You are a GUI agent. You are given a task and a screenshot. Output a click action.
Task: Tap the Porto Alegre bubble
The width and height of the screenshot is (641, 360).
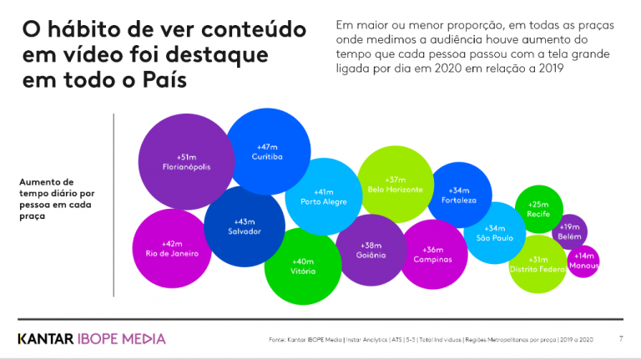(x=324, y=197)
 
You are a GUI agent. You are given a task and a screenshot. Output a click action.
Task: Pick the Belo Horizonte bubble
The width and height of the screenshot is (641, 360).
(x=395, y=185)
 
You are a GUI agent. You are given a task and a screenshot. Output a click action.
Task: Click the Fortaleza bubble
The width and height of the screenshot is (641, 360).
(x=459, y=195)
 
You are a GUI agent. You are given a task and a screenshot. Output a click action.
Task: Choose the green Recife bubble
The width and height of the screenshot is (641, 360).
(x=538, y=209)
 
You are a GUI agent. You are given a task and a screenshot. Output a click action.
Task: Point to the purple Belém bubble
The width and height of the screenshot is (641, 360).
(x=570, y=231)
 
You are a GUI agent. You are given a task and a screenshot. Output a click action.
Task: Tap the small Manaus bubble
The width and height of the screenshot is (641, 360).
(x=583, y=261)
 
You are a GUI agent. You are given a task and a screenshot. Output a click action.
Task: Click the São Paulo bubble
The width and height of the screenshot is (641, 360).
(x=494, y=233)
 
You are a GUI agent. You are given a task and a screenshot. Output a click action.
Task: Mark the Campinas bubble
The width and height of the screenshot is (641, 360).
(x=432, y=254)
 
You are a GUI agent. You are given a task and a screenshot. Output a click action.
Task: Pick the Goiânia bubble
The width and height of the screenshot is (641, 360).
(x=371, y=250)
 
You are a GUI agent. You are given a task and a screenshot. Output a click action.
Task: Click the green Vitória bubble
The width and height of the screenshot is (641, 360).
(x=303, y=266)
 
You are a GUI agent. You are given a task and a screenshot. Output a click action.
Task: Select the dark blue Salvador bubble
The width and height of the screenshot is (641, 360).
(x=245, y=226)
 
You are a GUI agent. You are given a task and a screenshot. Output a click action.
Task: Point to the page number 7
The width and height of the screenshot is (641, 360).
(x=620, y=338)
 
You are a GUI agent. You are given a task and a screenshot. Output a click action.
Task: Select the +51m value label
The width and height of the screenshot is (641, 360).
(x=186, y=156)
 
